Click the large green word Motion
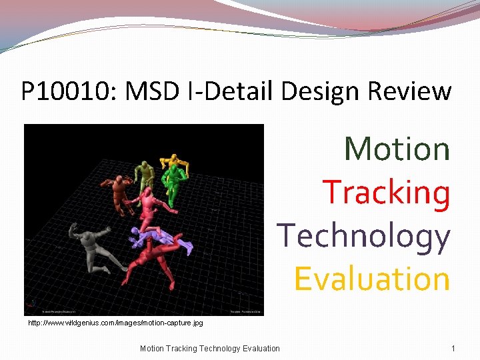pyautogui.click(x=397, y=148)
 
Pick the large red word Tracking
pyautogui.click(x=386, y=192)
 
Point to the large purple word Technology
pyautogui.click(x=363, y=235)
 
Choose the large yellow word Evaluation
pyautogui.click(x=372, y=279)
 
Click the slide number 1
pyautogui.click(x=453, y=348)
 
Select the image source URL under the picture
pyautogui.click(x=115, y=323)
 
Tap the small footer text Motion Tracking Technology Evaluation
pyautogui.click(x=210, y=348)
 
